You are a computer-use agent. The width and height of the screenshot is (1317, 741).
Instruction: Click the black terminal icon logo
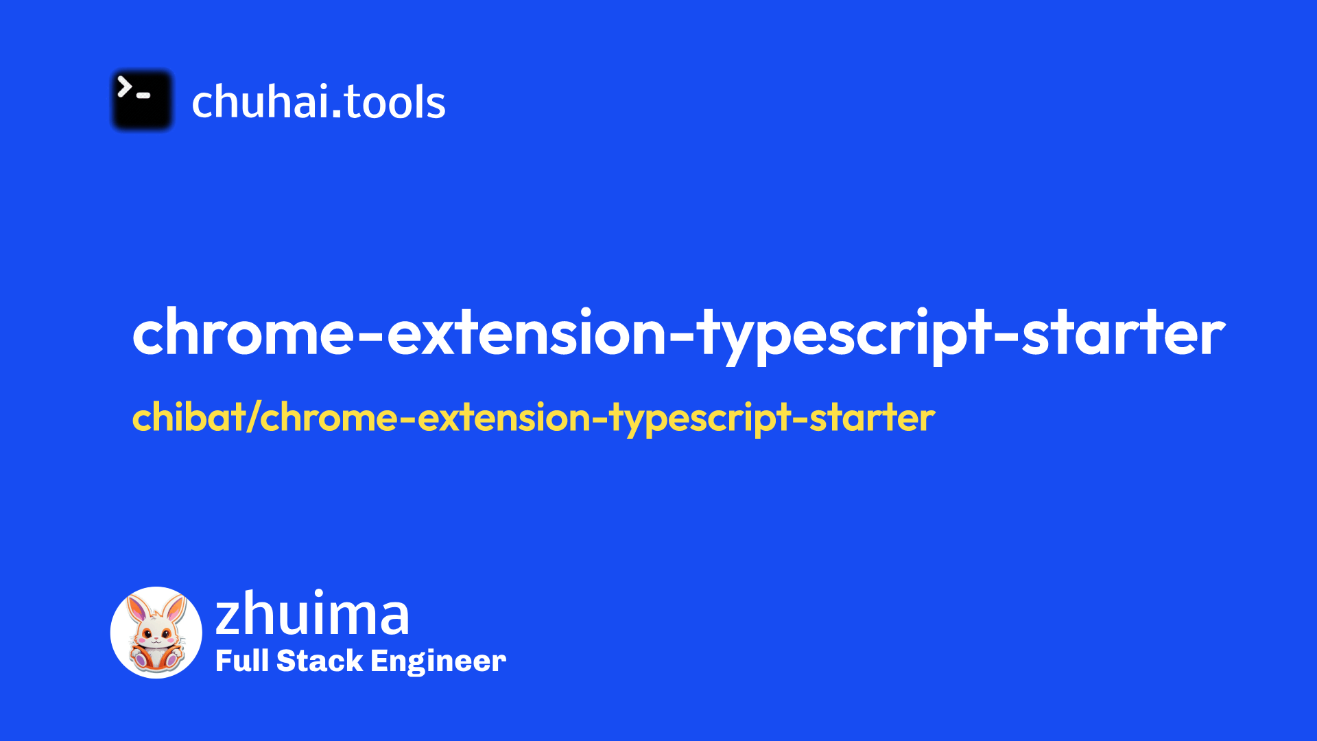coord(142,100)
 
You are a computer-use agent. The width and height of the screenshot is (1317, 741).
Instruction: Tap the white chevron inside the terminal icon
coord(124,87)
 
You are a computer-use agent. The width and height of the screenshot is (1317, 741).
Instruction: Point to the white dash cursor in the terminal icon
coord(143,95)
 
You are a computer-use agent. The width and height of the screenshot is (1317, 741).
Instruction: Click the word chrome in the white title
coord(244,333)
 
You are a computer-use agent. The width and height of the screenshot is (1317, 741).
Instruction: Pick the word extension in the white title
coord(526,333)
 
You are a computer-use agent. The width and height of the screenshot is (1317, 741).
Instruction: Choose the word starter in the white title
coord(1124,333)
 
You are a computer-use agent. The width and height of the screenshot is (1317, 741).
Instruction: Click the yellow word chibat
coord(189,417)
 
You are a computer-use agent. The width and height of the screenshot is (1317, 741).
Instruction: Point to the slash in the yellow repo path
coord(253,417)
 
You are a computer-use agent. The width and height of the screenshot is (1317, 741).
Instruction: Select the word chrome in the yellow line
coord(329,418)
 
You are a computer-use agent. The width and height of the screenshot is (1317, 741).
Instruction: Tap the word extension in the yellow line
coord(504,418)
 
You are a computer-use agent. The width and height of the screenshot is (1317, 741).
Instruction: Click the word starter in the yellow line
coord(872,418)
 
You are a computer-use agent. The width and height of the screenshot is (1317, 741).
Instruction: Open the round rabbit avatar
coord(156,633)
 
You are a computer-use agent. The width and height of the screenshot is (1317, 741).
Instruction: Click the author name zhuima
coord(313,613)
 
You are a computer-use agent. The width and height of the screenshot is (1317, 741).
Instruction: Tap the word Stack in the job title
coord(320,661)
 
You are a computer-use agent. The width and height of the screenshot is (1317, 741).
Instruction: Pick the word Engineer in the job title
coord(438,663)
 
